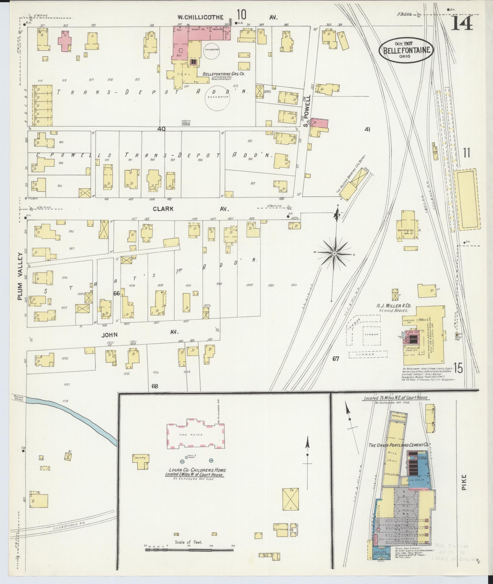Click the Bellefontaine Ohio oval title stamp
(x=406, y=50)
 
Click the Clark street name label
(x=163, y=209)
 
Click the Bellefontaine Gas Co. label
(x=223, y=74)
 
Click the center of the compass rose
(x=335, y=253)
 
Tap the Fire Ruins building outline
(x=195, y=434)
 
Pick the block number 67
(x=335, y=359)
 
